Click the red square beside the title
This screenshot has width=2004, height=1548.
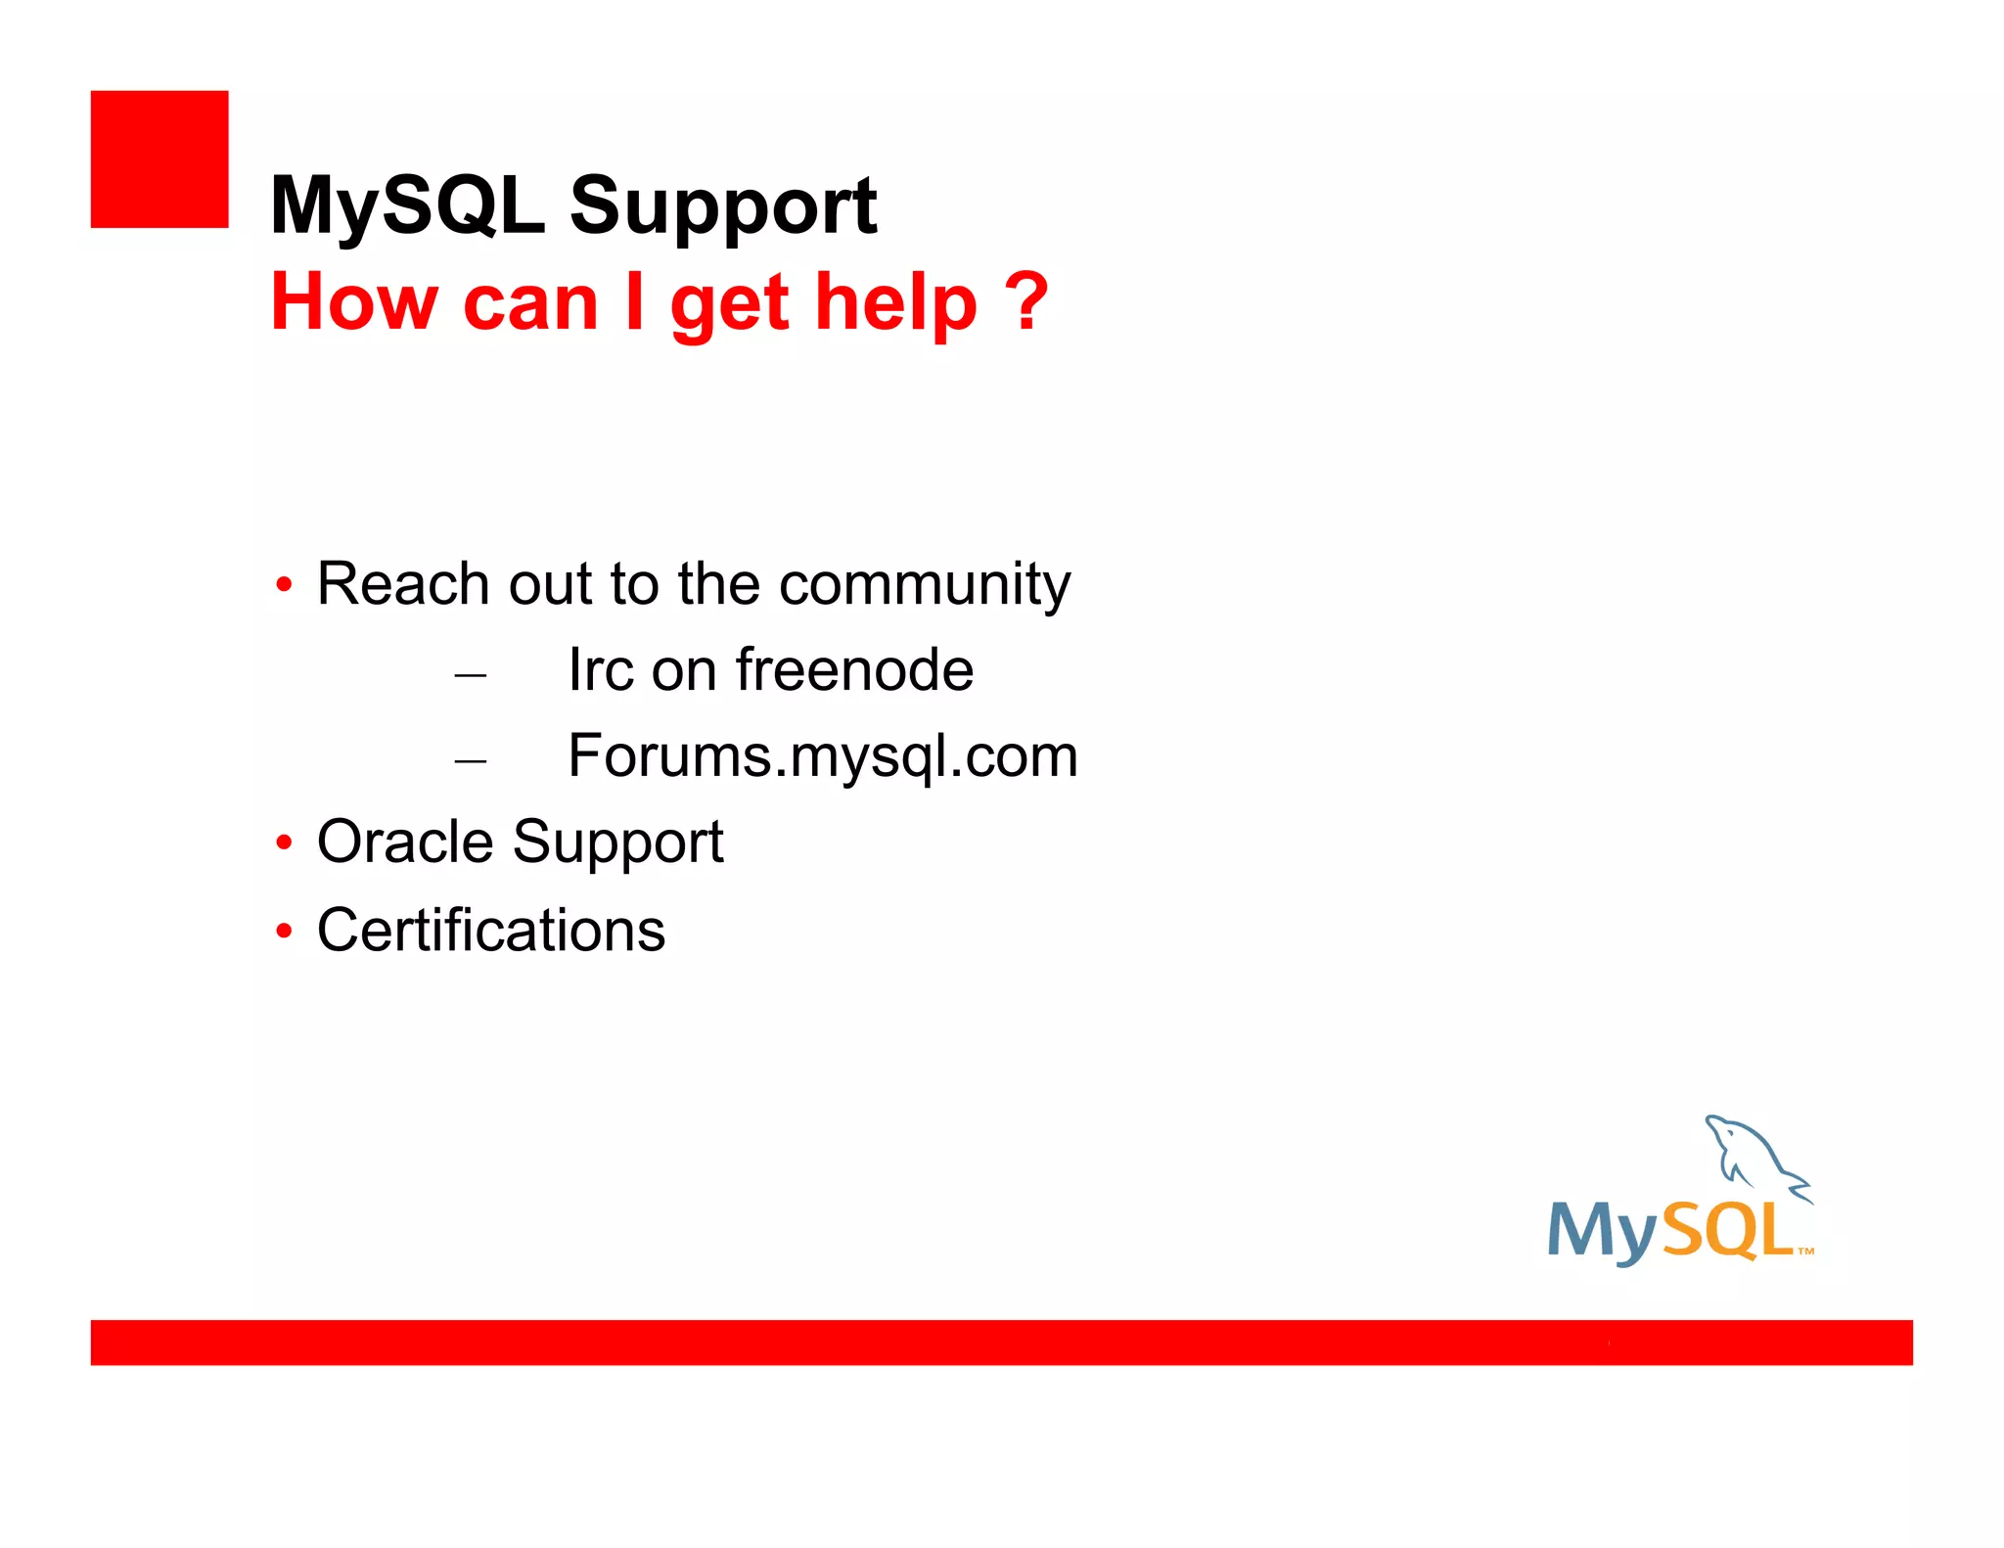(x=159, y=159)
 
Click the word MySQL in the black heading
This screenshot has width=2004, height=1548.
(x=407, y=205)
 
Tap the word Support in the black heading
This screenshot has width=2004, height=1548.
(x=723, y=207)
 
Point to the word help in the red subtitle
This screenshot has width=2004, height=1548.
(x=895, y=303)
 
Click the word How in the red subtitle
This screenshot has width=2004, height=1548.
(x=354, y=301)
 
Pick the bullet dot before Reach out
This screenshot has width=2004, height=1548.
(x=284, y=585)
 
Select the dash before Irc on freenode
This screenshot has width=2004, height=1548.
(x=471, y=675)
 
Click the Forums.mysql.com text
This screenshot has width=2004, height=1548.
(x=822, y=756)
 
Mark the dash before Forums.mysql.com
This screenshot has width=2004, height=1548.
(x=471, y=761)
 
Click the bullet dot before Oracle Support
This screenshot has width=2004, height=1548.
(x=284, y=842)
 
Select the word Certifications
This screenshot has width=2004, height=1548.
(x=491, y=930)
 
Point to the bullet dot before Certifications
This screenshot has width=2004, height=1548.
(x=284, y=930)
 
